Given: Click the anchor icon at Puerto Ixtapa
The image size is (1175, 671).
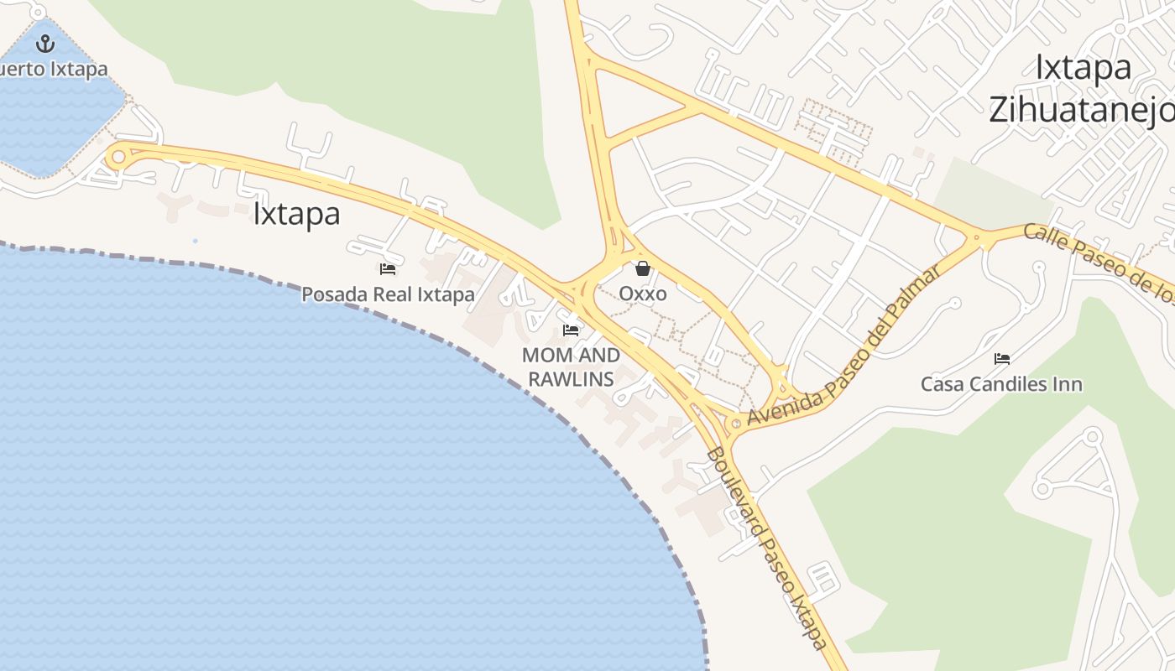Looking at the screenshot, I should tap(45, 43).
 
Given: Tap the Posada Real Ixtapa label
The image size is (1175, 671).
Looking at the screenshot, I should tap(388, 294).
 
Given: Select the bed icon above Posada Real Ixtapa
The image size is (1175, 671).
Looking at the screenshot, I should tap(388, 269).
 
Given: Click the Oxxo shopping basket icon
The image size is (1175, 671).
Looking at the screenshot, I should tap(643, 268).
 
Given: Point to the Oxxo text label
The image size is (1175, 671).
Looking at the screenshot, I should tap(643, 294).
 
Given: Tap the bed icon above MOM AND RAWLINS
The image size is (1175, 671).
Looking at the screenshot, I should tap(571, 330).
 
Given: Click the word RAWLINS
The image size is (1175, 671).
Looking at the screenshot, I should tap(571, 379).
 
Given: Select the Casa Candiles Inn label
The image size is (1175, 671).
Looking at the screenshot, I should tap(1001, 384).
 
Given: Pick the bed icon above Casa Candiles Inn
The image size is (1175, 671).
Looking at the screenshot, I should tap(1001, 359).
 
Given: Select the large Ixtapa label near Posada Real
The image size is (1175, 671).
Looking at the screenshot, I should tap(296, 214).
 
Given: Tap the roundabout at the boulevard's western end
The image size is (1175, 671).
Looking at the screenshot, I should tap(118, 156).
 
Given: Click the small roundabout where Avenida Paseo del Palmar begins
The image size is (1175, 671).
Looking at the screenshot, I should tap(736, 424).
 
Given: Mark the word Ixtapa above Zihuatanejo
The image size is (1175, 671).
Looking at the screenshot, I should tap(1083, 67).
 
